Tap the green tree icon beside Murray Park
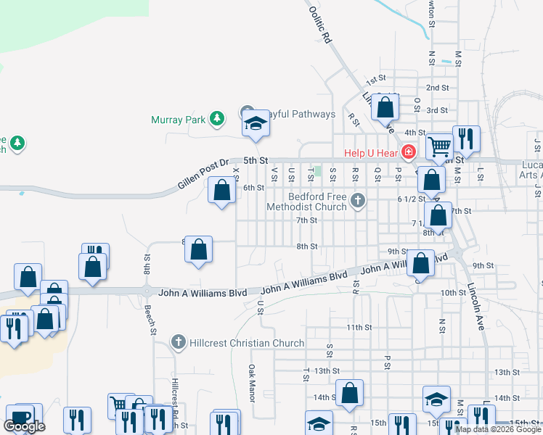[216, 118]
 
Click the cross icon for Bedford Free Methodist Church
[356, 201]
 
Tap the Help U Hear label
[370, 152]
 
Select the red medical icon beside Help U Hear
[409, 152]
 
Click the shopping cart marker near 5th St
[439, 146]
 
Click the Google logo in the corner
[24, 426]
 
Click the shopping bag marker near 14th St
[349, 393]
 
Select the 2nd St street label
[437, 88]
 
